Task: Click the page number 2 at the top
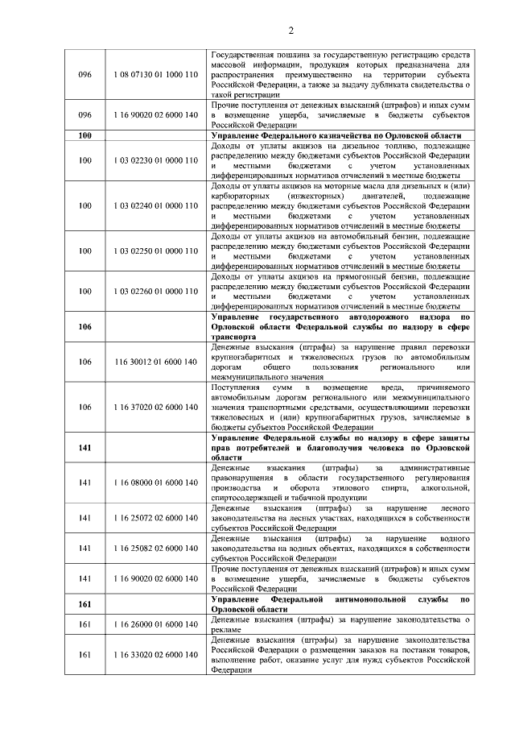coord(257,30)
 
